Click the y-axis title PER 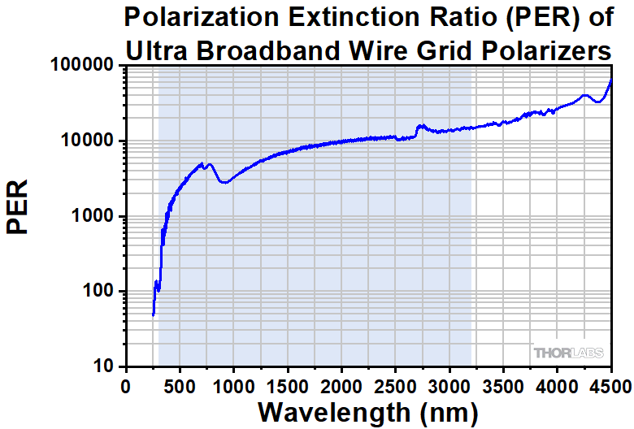18,207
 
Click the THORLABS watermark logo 569,353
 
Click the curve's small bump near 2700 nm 420,126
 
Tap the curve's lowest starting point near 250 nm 153,314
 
